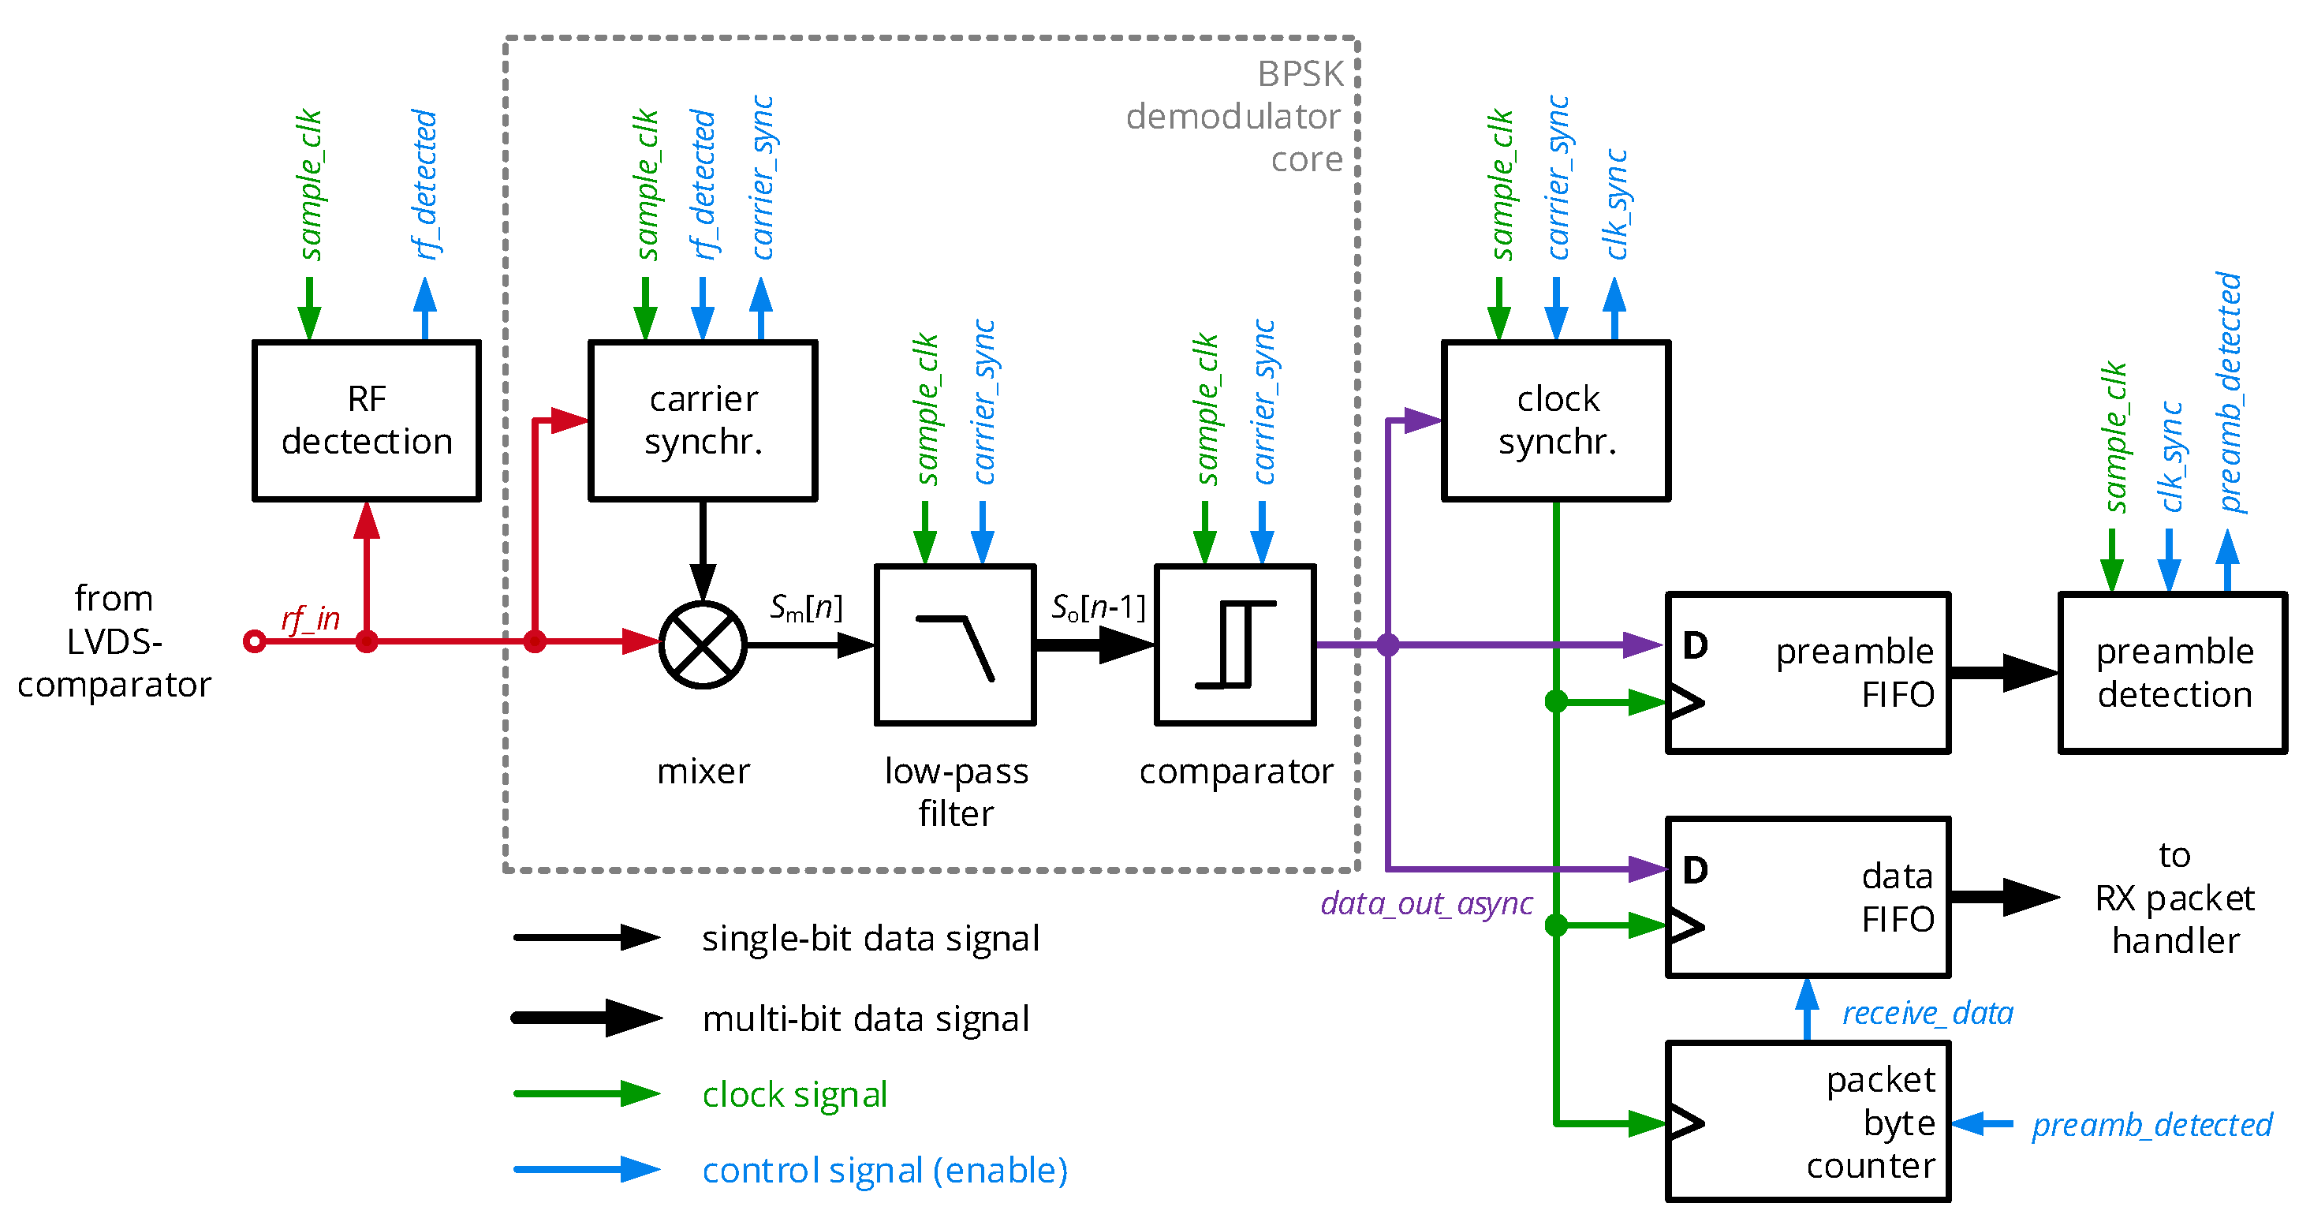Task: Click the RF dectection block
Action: click(x=366, y=420)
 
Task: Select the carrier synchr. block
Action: click(x=702, y=420)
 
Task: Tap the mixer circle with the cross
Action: click(x=702, y=644)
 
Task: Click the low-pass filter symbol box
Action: click(x=955, y=644)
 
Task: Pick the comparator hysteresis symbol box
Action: click(x=1235, y=644)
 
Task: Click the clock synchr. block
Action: click(x=1556, y=420)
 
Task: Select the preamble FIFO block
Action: click(x=1808, y=673)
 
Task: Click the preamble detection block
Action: click(x=2173, y=673)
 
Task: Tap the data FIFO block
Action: click(x=1808, y=897)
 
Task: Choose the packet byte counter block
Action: click(x=1808, y=1121)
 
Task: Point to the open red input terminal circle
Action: click(x=255, y=641)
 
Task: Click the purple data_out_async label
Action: click(x=1426, y=903)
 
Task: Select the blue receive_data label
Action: click(x=1927, y=1014)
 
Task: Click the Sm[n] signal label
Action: click(x=805, y=608)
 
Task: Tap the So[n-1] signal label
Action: click(x=1098, y=608)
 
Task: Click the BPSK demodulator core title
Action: click(x=1235, y=117)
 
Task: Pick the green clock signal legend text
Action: click(x=794, y=1094)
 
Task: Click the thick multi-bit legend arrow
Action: click(x=588, y=1018)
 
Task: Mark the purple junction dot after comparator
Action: click(x=1387, y=644)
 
